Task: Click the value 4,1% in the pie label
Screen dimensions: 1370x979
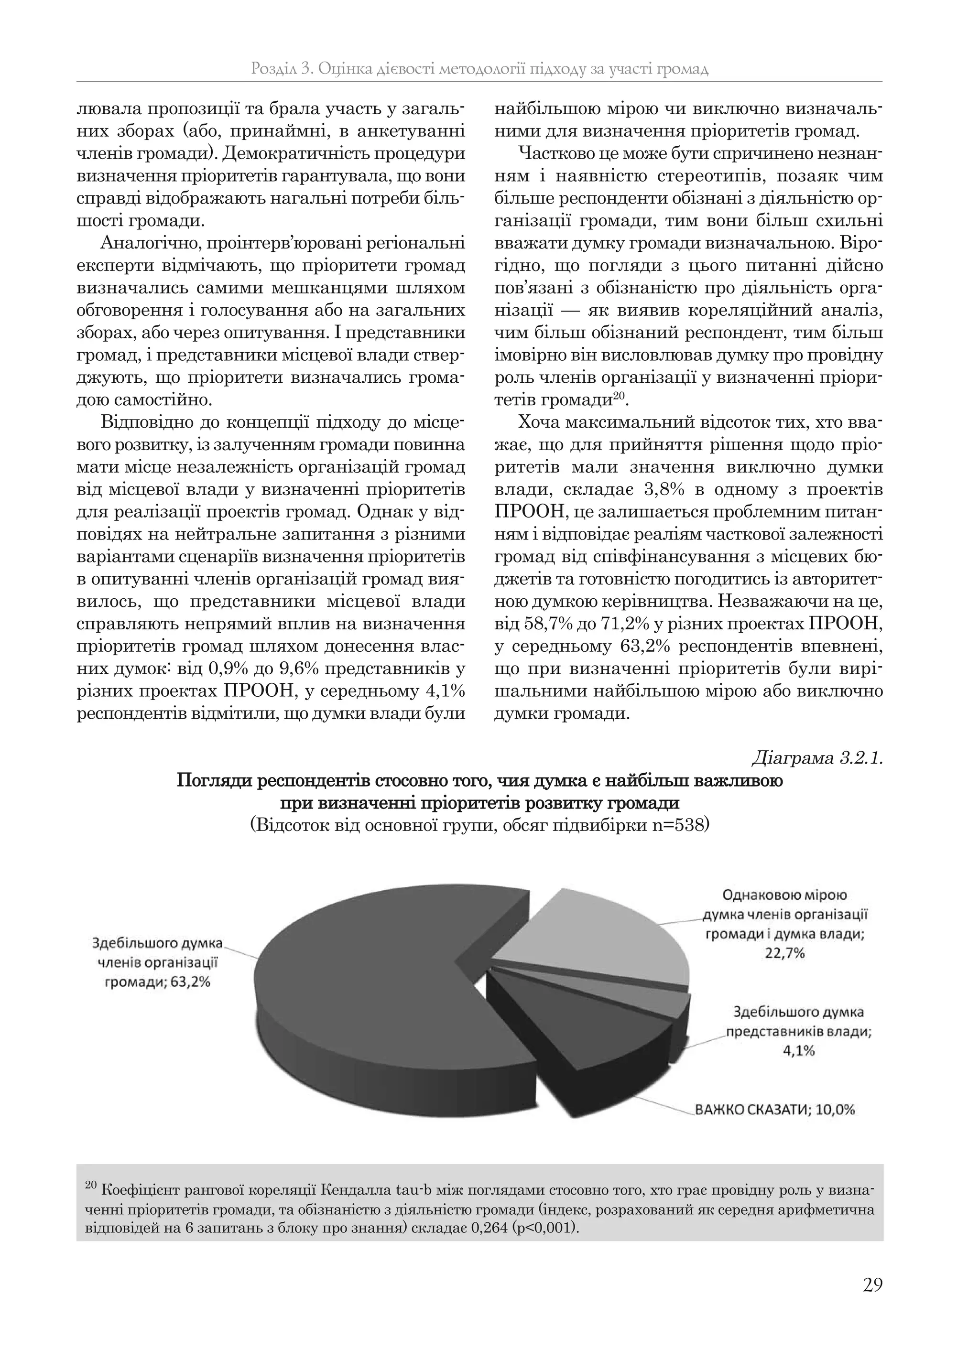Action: coord(799,1050)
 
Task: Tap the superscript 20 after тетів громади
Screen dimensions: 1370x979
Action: coord(619,395)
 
